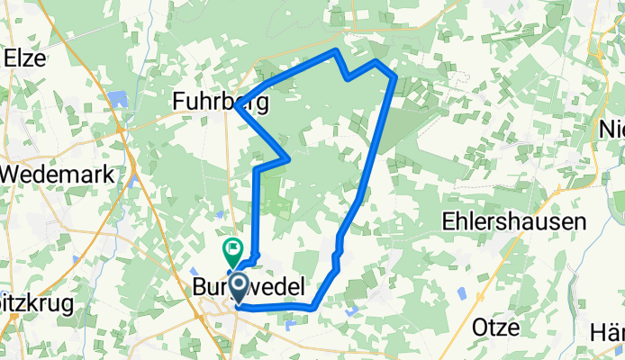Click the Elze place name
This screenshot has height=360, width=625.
click(x=25, y=57)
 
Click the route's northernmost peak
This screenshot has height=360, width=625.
click(x=337, y=50)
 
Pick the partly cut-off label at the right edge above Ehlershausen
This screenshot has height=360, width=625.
click(x=613, y=130)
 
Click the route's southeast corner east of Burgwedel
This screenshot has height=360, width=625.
click(x=312, y=309)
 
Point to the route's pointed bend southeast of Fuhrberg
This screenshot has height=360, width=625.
click(x=287, y=158)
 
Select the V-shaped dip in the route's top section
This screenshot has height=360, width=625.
click(x=349, y=78)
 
